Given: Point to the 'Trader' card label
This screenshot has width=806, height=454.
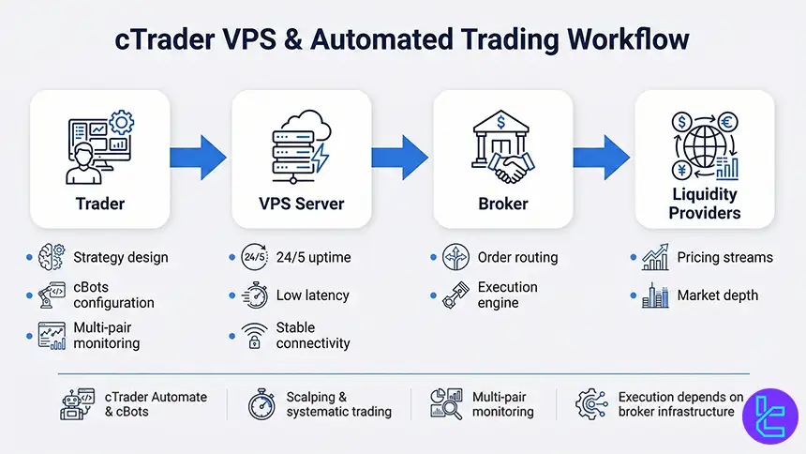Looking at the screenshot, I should [99, 204].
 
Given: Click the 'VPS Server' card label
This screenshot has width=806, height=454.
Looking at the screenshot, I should [301, 204].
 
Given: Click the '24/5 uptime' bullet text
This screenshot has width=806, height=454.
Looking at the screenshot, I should [313, 257].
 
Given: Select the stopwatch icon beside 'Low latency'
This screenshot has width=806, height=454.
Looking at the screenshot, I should [253, 295].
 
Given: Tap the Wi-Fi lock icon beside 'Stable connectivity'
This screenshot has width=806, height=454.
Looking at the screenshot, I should [253, 335].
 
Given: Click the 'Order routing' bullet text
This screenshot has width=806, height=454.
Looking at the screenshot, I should [517, 257].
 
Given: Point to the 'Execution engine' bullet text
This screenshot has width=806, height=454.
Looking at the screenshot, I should [507, 295].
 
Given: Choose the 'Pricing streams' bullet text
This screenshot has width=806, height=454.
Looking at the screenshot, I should [724, 257].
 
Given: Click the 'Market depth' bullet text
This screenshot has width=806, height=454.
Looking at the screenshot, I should [717, 295].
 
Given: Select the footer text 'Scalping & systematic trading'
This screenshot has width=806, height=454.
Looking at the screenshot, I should [338, 404].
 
